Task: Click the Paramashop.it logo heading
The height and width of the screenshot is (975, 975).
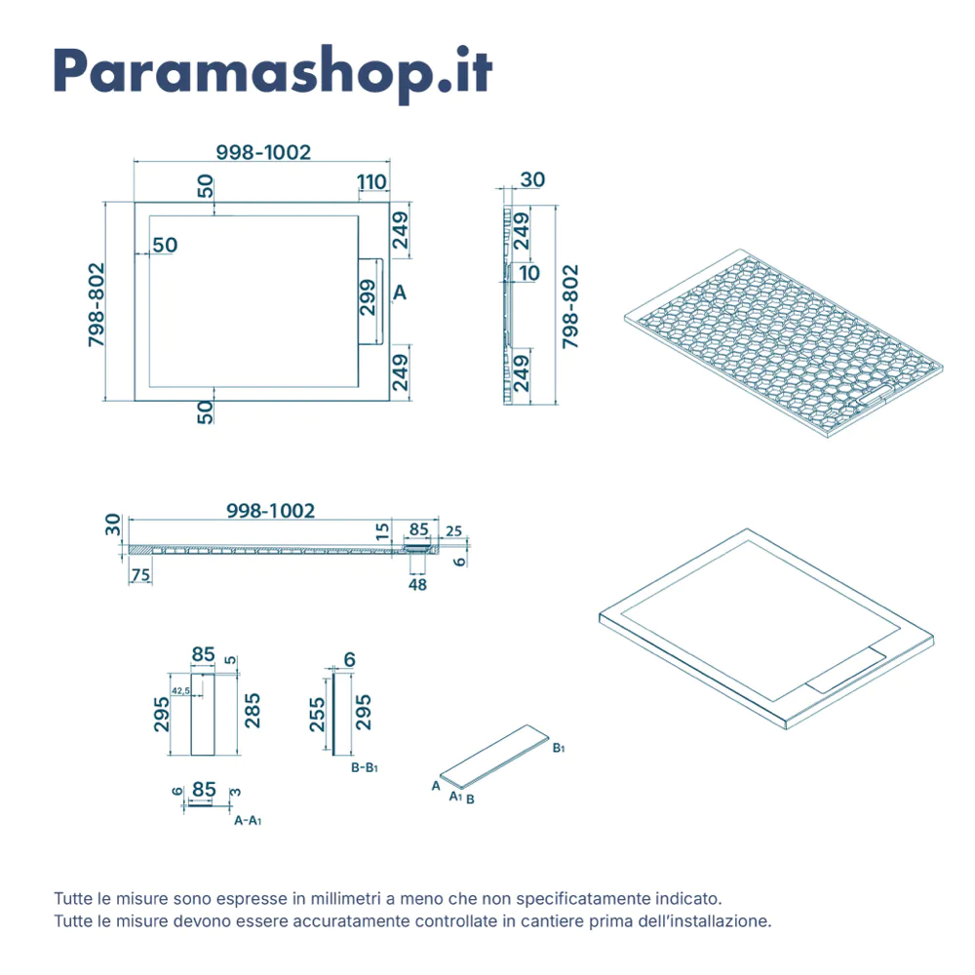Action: tap(273, 72)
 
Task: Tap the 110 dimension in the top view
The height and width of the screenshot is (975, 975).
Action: tap(371, 182)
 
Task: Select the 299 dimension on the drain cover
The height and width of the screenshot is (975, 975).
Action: tap(368, 297)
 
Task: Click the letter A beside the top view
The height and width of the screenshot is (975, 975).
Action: tap(400, 292)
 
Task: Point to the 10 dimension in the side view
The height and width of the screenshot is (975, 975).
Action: tap(529, 273)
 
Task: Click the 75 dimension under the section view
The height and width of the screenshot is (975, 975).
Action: tap(141, 574)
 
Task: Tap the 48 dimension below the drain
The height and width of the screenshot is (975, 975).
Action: tap(417, 584)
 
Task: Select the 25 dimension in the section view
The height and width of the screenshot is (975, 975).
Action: tap(454, 531)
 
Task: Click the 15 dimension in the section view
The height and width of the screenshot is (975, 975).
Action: tap(382, 530)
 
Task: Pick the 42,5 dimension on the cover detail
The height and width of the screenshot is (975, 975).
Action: tap(181, 691)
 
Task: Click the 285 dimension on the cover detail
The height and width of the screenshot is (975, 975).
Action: tap(252, 711)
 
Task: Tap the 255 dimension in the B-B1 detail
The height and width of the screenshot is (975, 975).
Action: tap(317, 715)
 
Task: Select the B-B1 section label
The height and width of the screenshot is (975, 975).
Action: tap(365, 768)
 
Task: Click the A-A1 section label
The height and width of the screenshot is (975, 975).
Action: tap(248, 821)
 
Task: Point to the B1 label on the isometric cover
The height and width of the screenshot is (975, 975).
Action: tap(559, 748)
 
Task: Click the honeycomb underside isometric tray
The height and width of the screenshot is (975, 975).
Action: tap(784, 343)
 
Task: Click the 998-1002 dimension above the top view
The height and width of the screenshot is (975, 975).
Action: tap(263, 152)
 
